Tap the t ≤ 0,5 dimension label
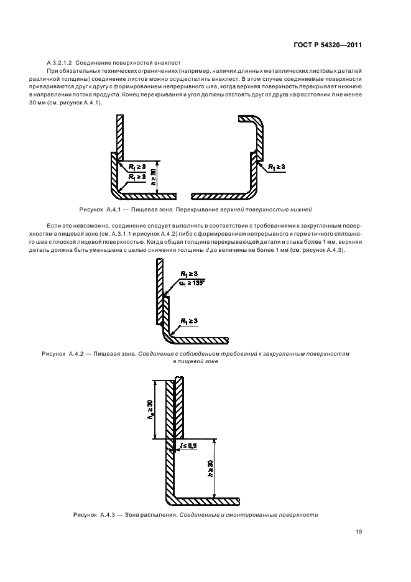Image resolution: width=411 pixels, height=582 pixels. [187, 446]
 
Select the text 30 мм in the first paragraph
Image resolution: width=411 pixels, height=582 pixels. [53, 103]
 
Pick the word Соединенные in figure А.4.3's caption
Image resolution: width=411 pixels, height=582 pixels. [198, 515]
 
